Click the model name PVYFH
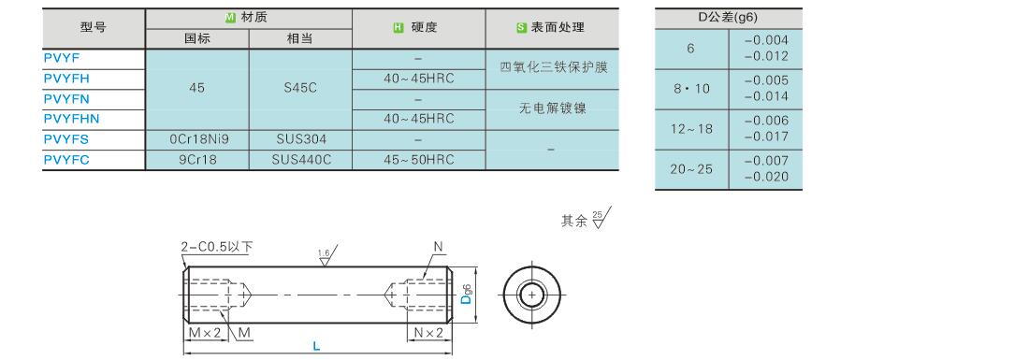(67, 79)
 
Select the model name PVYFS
(66, 139)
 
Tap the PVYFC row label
(67, 160)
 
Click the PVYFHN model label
(71, 120)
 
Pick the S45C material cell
(300, 88)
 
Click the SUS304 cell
(300, 139)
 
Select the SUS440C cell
(300, 160)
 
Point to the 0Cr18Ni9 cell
(196, 139)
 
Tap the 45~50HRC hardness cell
(419, 160)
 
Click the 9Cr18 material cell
(196, 160)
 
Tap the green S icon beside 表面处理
(521, 27)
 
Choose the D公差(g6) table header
(729, 19)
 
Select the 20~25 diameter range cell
(691, 169)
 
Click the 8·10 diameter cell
(691, 89)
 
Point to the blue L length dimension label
(316, 346)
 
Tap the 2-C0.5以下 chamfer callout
(217, 247)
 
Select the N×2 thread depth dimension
(428, 333)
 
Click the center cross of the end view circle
(532, 295)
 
